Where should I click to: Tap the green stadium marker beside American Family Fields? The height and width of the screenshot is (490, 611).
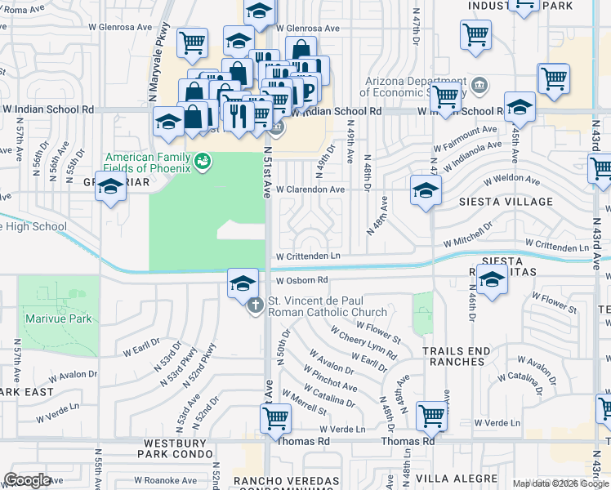200,163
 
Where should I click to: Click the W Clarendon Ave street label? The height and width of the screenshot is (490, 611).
310,189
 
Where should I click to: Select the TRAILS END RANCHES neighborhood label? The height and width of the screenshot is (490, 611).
457,357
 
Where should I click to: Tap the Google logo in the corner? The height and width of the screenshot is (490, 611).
27,480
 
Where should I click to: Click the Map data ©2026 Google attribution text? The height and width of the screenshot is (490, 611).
560,483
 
